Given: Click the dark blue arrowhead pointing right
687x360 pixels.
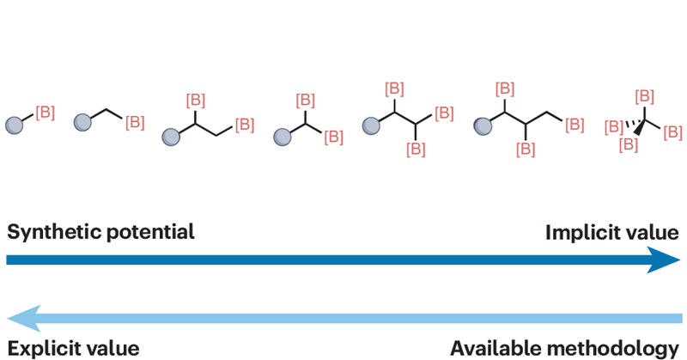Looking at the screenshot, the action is (666, 259).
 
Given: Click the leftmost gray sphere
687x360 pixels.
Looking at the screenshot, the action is (15, 125).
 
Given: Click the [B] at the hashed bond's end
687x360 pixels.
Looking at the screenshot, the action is (615, 127).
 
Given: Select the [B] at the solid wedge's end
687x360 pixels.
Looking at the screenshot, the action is (628, 144).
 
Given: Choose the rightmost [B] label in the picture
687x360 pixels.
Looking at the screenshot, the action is (672, 131).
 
